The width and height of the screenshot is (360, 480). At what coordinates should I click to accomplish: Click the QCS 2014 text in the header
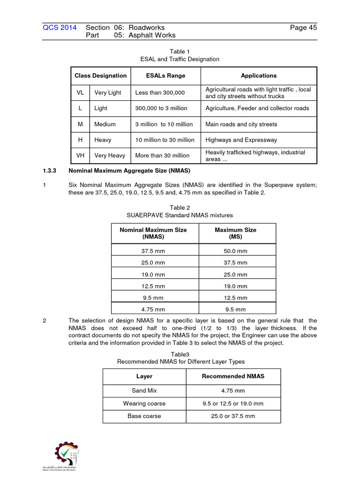[60, 28]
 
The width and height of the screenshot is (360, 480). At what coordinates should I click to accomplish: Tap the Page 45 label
[303, 28]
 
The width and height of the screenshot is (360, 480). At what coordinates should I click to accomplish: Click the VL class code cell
[81, 93]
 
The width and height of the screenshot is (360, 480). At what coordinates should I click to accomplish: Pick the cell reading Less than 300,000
[160, 93]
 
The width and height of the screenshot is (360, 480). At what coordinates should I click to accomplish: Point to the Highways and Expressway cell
[241, 140]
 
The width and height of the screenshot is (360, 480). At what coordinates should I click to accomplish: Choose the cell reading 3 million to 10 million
[164, 124]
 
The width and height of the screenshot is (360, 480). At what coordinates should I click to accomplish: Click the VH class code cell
[81, 155]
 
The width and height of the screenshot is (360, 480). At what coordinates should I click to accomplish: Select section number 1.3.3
[50, 171]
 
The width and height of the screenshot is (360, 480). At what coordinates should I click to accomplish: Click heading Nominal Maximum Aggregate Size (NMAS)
[129, 171]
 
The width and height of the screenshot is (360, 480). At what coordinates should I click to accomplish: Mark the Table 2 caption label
[180, 208]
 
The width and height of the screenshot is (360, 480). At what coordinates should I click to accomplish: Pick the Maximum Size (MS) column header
[235, 233]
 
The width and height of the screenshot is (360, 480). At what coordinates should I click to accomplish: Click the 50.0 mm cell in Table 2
[235, 251]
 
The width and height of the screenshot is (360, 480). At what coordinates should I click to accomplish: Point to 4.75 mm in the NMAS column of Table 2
[153, 309]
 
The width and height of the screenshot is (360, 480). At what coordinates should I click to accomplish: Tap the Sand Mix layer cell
[144, 390]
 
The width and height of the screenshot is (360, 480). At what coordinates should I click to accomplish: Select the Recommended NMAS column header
[233, 376]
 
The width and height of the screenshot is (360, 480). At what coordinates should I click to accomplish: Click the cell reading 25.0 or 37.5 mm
[233, 416]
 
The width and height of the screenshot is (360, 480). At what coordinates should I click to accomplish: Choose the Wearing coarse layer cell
[144, 403]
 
